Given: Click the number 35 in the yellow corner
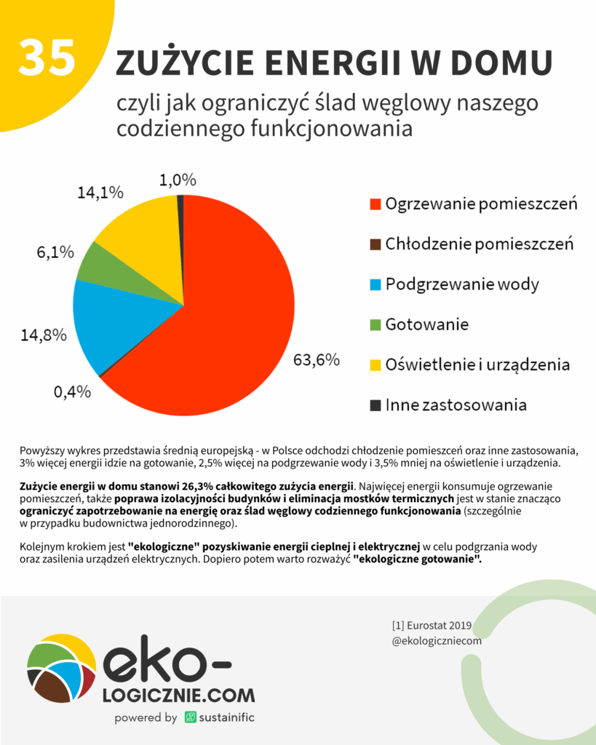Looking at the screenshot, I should click(47, 57).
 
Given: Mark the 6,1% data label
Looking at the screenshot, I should click(55, 252).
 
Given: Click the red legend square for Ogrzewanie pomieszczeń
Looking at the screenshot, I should click(376, 204).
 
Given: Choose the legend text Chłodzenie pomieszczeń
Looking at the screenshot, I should click(480, 244).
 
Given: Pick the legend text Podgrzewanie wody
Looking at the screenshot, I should click(462, 284).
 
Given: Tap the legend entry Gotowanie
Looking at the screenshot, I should click(426, 324).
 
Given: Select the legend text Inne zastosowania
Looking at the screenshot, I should click(456, 405).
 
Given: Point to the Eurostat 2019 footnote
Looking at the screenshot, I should click(432, 625).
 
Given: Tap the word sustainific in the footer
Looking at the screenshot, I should click(228, 717).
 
